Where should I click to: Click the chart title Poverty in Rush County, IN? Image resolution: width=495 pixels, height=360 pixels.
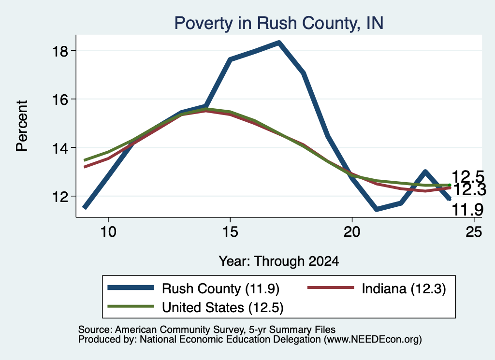[x=279, y=24]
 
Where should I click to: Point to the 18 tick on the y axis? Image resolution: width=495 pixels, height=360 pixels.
[x=60, y=51]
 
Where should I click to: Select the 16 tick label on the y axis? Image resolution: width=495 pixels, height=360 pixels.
[x=60, y=100]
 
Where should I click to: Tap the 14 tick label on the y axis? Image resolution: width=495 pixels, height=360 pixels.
[x=60, y=148]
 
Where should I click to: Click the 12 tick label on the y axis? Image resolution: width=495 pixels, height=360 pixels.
[x=60, y=197]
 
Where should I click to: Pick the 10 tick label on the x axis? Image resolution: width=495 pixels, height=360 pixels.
[x=108, y=232]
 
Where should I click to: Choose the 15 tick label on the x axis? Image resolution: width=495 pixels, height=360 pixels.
[x=230, y=232]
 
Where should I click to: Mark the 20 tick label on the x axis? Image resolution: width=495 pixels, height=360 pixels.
[x=352, y=232]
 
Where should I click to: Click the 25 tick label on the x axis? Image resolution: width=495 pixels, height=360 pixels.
[x=474, y=232]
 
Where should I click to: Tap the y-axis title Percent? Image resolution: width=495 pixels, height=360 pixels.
[x=22, y=126]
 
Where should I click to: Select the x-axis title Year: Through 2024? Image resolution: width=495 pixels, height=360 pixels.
[x=279, y=261]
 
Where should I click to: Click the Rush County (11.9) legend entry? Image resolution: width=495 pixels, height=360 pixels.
[x=193, y=288]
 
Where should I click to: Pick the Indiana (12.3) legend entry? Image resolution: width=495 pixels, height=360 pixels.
[x=377, y=288]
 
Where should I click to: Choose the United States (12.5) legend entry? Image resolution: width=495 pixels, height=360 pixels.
[x=195, y=307]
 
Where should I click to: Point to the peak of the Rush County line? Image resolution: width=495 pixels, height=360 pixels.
[x=279, y=43]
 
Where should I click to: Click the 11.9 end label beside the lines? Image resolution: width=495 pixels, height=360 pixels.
[x=467, y=210]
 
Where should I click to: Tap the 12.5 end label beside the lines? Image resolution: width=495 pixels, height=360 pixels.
[x=468, y=176]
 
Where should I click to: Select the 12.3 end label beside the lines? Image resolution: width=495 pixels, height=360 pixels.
[x=469, y=190]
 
